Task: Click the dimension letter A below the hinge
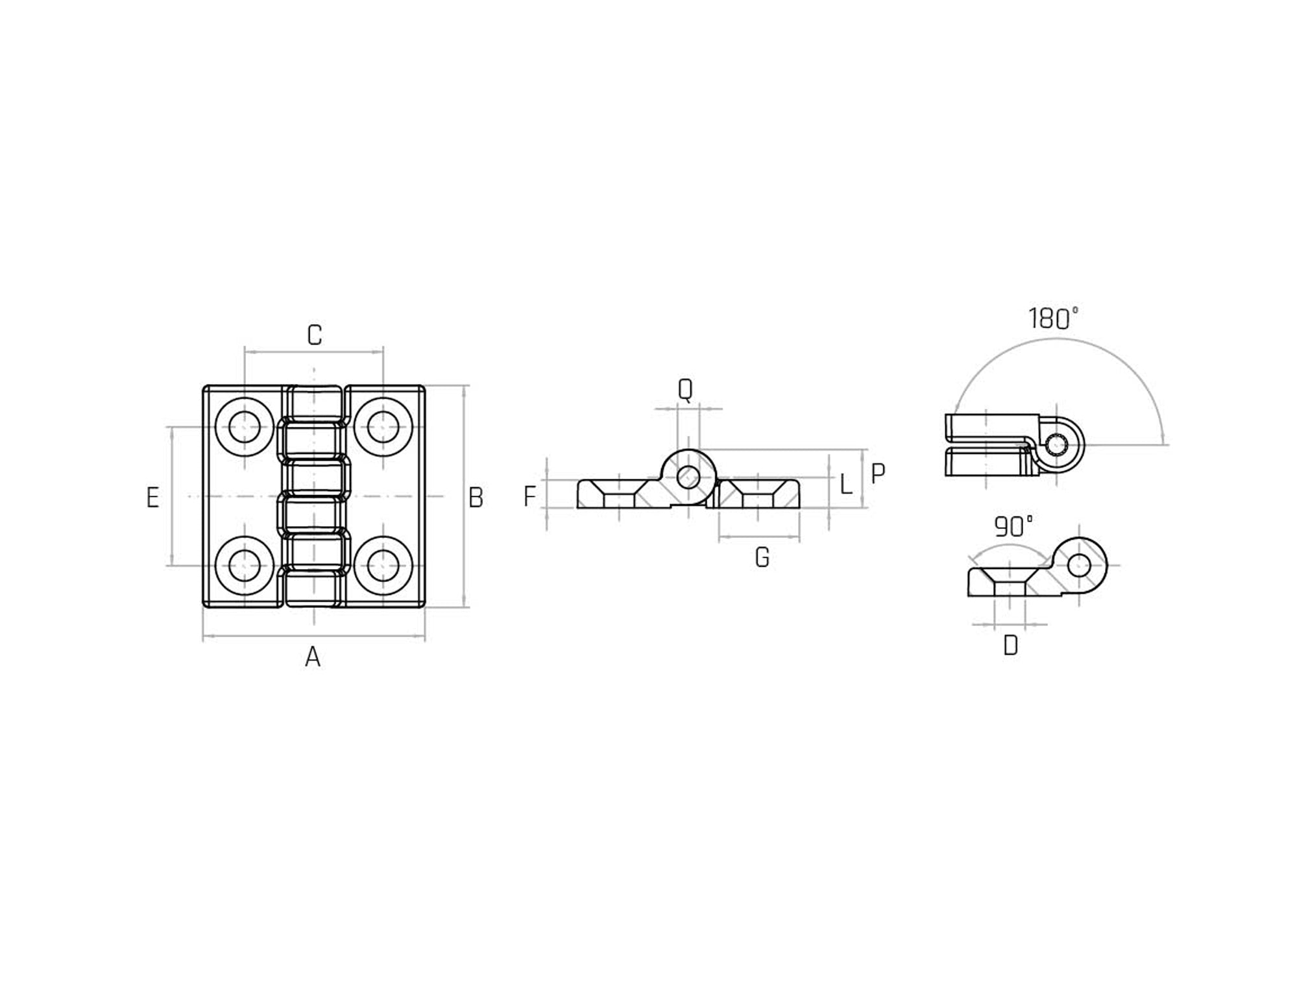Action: (313, 657)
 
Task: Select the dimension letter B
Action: (476, 498)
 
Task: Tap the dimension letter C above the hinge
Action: (314, 335)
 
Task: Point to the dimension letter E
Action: (152, 498)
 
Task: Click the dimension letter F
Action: (529, 496)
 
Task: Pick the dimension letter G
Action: (762, 557)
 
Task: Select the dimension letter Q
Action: (685, 389)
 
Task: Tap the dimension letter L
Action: (845, 484)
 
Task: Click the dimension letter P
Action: (877, 474)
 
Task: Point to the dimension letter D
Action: (1010, 646)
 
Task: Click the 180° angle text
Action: (1052, 319)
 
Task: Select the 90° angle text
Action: (1013, 527)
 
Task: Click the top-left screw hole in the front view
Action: (245, 427)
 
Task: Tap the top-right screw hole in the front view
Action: (383, 427)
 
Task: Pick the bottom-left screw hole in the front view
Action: (245, 565)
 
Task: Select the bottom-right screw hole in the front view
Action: (383, 565)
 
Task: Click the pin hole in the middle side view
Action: (688, 478)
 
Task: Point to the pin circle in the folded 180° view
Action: (1058, 445)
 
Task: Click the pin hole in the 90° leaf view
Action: (1079, 566)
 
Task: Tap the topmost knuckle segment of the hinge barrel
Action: (314, 403)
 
